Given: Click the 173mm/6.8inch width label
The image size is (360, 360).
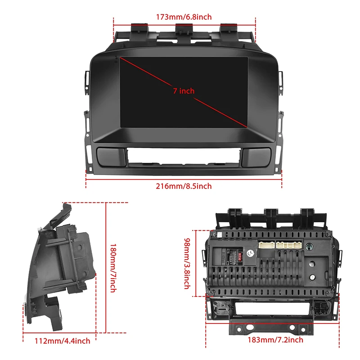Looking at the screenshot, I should pos(184,17).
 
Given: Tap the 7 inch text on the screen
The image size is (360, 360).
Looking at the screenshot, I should pos(184,91).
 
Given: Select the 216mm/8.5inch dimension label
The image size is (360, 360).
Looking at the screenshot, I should pos(184,186).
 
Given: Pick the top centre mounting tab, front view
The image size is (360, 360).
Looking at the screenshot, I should pos(184,29).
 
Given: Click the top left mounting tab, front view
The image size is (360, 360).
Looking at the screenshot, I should pos(139,29).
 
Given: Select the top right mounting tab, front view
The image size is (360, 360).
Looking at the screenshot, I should pos(228,29).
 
